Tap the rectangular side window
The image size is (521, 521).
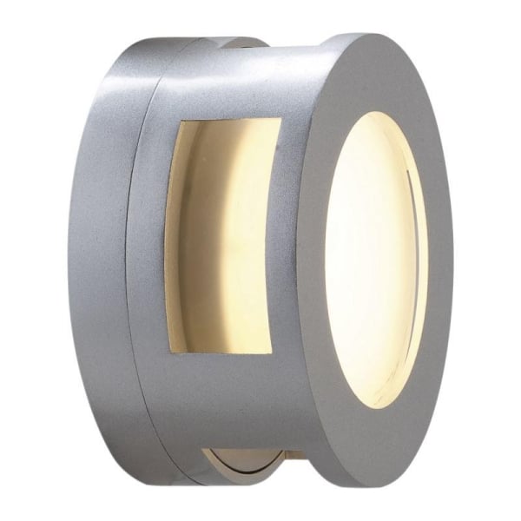coord(224,236)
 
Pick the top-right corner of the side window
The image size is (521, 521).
coord(280,119)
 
